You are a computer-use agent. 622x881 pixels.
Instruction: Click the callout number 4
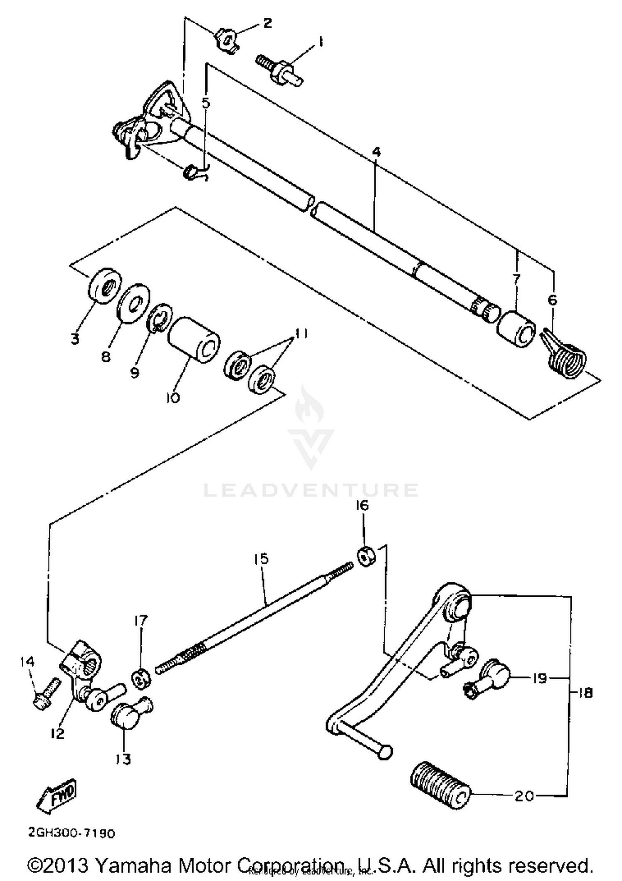click(376, 152)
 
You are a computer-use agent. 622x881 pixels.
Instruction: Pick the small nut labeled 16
click(366, 556)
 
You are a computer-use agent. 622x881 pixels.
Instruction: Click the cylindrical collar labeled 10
click(194, 340)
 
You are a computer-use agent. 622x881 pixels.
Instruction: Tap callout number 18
click(585, 693)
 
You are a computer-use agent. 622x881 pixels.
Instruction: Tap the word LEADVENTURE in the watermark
click(311, 490)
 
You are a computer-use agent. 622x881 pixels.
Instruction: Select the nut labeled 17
click(141, 679)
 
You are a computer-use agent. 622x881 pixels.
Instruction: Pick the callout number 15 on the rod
click(261, 558)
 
